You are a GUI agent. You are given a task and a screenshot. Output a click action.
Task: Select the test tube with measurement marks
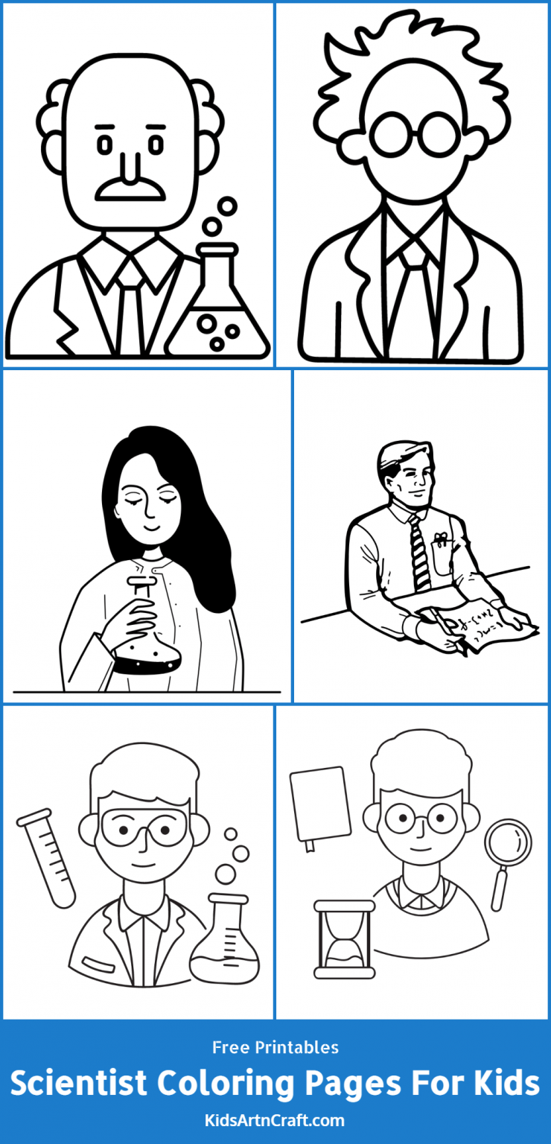pos(47,857)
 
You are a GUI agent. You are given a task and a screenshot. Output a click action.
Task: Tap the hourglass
pos(343,938)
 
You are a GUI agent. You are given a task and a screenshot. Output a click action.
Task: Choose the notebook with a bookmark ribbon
pos(320,805)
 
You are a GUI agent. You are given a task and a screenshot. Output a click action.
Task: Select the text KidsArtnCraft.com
pos(275,1120)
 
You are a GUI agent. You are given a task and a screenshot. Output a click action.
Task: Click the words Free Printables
pos(275,1047)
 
